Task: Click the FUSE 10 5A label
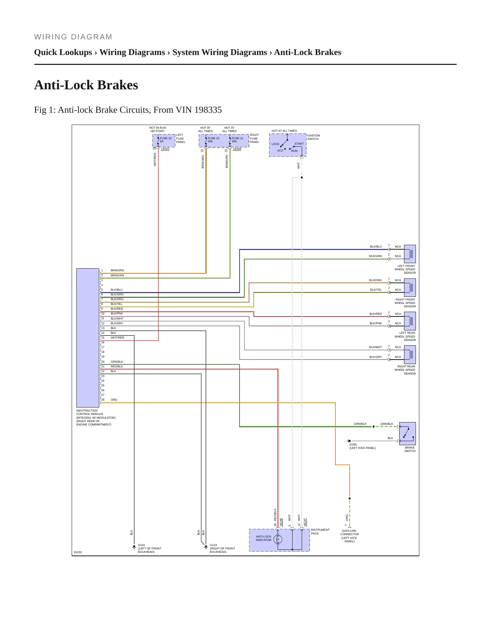pyautogui.click(x=165, y=140)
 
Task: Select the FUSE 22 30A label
pyautogui.click(x=213, y=140)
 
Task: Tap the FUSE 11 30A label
pyautogui.click(x=237, y=140)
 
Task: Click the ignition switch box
pyautogui.click(x=288, y=145)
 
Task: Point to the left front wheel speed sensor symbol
pyautogui.click(x=410, y=254)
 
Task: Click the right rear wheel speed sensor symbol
pyautogui.click(x=410, y=355)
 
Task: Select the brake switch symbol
pyautogui.click(x=407, y=434)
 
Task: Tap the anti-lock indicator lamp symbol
pyautogui.click(x=278, y=539)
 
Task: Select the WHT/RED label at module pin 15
pyautogui.click(x=117, y=338)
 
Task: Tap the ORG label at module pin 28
pyautogui.click(x=114, y=400)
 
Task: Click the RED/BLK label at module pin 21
pyautogui.click(x=117, y=366)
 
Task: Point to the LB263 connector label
pyautogui.click(x=165, y=149)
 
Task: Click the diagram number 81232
pyautogui.click(x=78, y=552)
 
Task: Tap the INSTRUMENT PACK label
pyautogui.click(x=320, y=531)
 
